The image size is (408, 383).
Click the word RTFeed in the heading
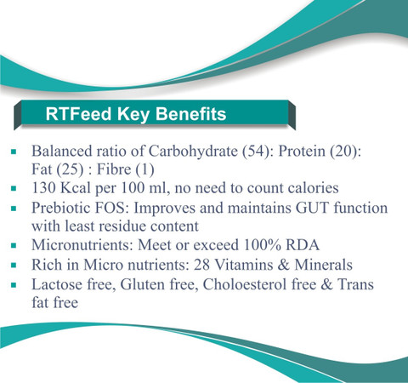point(78,114)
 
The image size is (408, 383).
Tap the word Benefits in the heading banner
point(191,114)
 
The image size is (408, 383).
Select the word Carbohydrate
point(193,151)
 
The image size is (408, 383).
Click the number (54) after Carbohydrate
point(258,151)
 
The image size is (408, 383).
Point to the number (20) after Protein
point(345,151)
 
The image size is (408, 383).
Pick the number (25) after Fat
point(70,169)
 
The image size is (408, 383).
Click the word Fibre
point(114,169)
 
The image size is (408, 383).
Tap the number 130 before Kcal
point(43,188)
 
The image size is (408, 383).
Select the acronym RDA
point(303,245)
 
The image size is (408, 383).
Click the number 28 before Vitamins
point(201,265)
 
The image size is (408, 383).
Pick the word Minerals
point(323,265)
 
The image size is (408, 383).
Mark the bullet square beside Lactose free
point(14,285)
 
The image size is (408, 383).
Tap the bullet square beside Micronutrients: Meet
point(14,245)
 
